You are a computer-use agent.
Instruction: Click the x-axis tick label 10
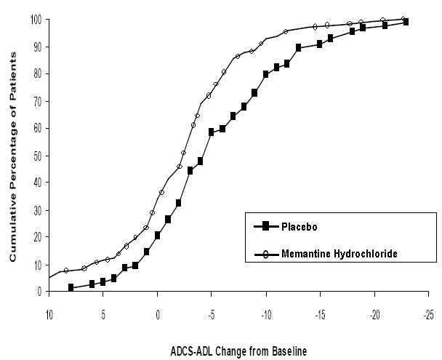tap(49, 316)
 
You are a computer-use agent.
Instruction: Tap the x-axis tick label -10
tap(266, 316)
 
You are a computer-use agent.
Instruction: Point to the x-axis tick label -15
tap(320, 316)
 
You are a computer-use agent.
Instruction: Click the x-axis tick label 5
tap(103, 316)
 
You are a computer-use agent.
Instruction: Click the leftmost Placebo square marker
tap(71, 287)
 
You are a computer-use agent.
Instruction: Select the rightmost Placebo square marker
tap(406, 23)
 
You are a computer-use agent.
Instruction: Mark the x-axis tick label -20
tap(374, 316)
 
